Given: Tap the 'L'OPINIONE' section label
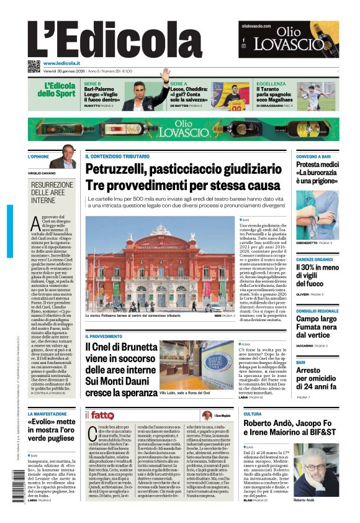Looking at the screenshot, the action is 38,157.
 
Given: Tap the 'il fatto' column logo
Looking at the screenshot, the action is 99,415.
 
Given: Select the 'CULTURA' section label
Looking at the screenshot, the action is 253,414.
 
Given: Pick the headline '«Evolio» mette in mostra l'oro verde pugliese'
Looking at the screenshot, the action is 52,430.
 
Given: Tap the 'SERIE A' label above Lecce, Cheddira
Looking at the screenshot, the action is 179,83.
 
